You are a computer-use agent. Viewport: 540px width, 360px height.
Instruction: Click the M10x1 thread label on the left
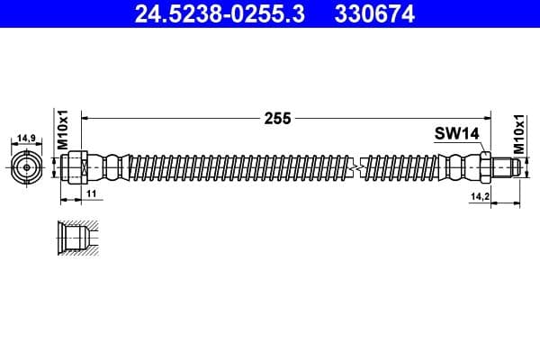tap(64, 131)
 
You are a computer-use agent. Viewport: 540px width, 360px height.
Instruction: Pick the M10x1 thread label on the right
tap(518, 131)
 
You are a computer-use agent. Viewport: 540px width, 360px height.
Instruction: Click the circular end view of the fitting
tap(27, 166)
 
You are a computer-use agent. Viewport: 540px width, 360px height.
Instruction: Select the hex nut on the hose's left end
tap(76, 167)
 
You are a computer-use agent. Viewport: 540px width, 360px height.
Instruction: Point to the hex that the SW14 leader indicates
tap(484, 167)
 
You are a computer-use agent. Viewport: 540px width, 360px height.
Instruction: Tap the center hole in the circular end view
tap(27, 166)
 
